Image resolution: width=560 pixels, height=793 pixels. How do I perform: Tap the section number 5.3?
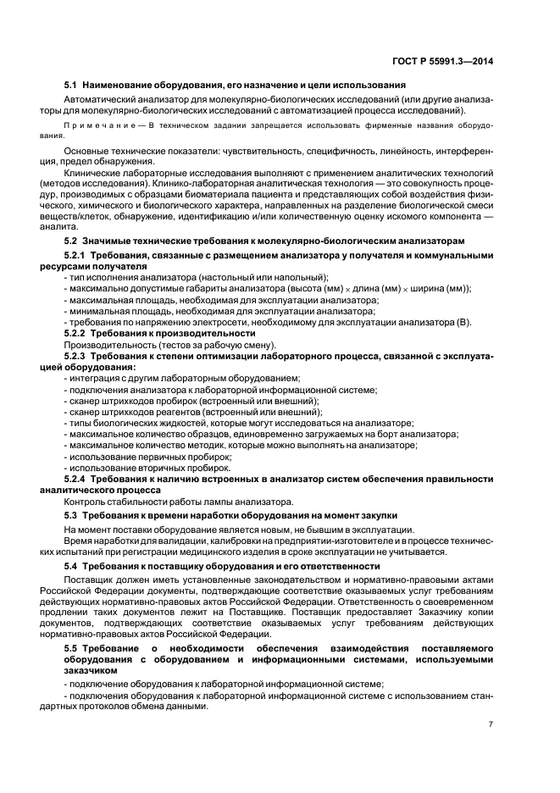tap(72, 516)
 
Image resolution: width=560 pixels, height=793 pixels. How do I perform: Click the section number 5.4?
tap(72, 564)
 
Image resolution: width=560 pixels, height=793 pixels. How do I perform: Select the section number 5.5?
tap(74, 648)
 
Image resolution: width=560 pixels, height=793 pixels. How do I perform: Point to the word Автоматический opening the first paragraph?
tap(98, 100)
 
